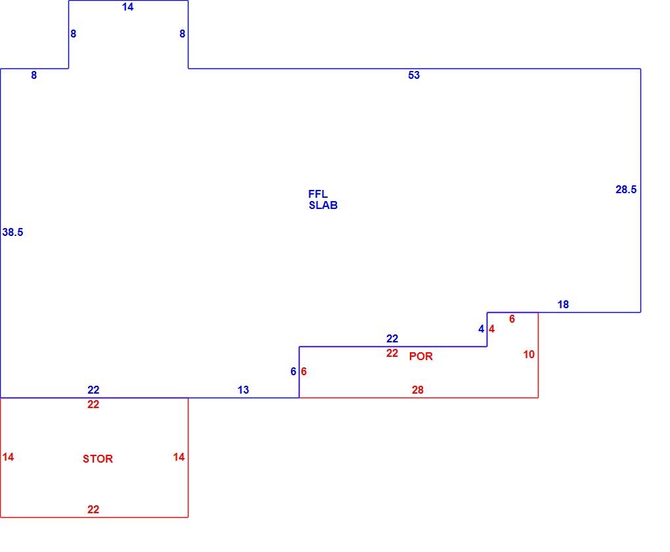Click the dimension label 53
click(x=414, y=76)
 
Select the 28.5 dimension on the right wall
click(x=626, y=189)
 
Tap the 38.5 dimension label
click(x=13, y=232)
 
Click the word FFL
click(x=318, y=194)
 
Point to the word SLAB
click(x=323, y=205)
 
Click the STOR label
click(x=98, y=459)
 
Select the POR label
click(x=421, y=356)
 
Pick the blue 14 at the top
click(x=128, y=7)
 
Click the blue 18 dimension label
click(x=563, y=304)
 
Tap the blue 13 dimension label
click(x=243, y=390)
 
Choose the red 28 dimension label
click(x=418, y=390)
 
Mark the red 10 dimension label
click(x=529, y=354)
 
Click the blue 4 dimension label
click(x=481, y=329)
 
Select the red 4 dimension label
click(x=491, y=329)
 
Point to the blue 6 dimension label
click(x=293, y=371)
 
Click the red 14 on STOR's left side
click(x=8, y=457)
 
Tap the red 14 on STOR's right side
click(x=179, y=457)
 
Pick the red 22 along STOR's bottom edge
click(x=93, y=510)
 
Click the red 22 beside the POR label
click(x=392, y=353)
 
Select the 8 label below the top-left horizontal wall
click(x=33, y=76)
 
